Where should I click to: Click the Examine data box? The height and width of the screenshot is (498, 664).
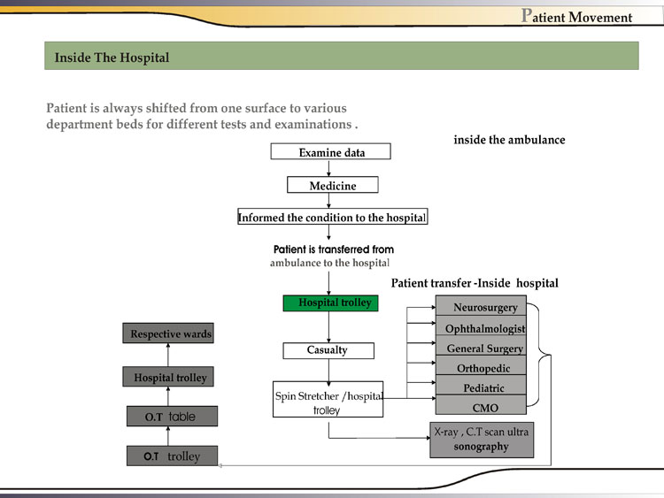tap(331, 152)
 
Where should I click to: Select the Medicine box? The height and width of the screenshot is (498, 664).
tap(333, 186)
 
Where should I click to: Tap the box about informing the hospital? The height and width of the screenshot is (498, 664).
tap(332, 218)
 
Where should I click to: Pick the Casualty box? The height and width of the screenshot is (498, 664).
tap(327, 350)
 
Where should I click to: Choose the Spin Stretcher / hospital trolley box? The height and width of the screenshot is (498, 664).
tap(328, 399)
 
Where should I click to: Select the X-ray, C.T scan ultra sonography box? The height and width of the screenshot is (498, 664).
tap(482, 440)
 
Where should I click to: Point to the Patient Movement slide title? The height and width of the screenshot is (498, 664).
tap(577, 17)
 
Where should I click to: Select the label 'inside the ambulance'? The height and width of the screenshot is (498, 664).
tap(509, 140)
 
